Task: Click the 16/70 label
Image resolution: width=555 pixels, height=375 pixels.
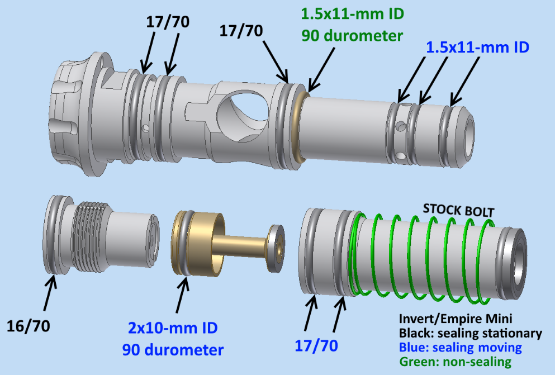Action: point(29,326)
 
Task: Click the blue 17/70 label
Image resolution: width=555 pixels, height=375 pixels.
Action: point(316,345)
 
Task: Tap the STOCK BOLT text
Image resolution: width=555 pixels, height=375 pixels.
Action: point(458,210)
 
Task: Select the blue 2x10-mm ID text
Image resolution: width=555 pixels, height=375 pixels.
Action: point(173,328)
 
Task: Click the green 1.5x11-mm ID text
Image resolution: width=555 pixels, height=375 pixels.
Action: point(353,14)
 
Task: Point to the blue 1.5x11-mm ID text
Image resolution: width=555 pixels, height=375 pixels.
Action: point(477,47)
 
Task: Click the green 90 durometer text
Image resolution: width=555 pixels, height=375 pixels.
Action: point(352,36)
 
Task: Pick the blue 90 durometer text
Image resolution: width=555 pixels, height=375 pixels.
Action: point(173,350)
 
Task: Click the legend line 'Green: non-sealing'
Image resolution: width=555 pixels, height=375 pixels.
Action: point(455,362)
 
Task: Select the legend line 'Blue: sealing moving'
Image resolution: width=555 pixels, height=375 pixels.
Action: point(460,348)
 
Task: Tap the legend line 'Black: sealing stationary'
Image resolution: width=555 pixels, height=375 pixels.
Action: point(471,333)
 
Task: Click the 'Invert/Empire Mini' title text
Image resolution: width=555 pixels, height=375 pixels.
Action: point(455,319)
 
